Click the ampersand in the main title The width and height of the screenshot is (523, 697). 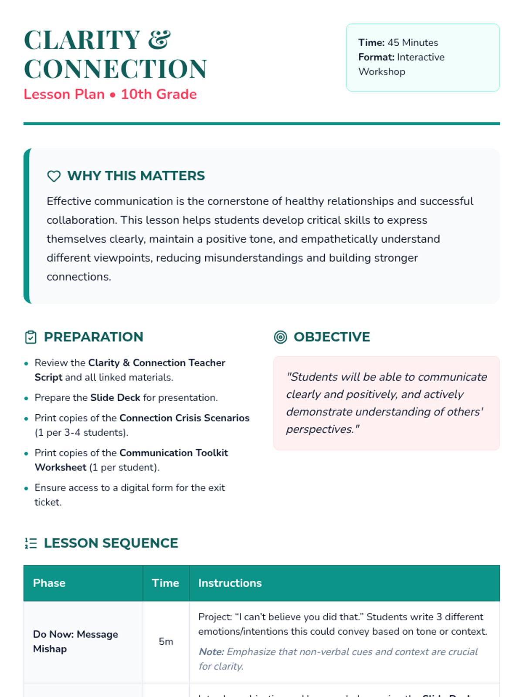tap(159, 40)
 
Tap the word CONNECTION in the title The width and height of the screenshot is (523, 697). tap(115, 69)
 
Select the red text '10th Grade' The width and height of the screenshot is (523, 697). tap(159, 95)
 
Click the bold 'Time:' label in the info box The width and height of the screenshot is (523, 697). tap(371, 43)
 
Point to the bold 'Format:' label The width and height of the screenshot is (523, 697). tap(376, 57)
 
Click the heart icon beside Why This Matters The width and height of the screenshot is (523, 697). tap(54, 176)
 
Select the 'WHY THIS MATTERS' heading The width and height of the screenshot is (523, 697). tap(136, 176)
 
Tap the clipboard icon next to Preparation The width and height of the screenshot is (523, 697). tap(31, 337)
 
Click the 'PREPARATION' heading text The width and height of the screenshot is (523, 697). tap(93, 337)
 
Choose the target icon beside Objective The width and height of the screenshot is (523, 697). tap(281, 337)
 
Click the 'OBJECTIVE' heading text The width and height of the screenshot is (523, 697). tap(332, 337)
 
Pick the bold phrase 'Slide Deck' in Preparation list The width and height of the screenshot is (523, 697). tap(115, 398)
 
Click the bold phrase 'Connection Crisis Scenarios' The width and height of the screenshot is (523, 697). tap(184, 418)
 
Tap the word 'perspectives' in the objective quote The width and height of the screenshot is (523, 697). tap(319, 430)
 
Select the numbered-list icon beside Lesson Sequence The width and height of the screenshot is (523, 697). tap(31, 543)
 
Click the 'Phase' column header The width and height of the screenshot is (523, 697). tap(49, 583)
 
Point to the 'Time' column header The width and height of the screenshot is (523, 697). tap(165, 583)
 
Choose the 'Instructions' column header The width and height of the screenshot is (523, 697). tap(230, 583)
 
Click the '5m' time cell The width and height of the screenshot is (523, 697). tap(166, 642)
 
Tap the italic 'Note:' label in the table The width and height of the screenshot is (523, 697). tap(211, 652)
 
